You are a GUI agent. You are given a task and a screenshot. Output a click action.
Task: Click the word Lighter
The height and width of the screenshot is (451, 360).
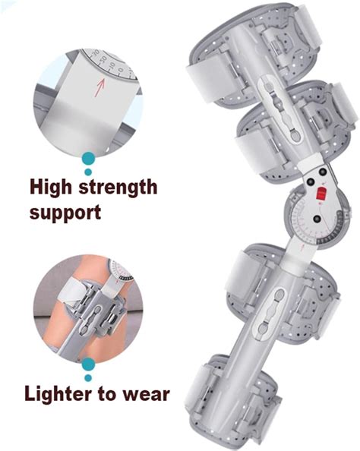click(62, 394)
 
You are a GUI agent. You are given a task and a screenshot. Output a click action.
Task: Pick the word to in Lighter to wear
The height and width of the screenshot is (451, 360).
click(109, 395)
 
